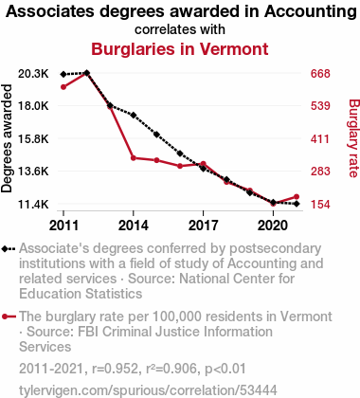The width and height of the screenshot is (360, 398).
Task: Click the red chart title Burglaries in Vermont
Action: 180,49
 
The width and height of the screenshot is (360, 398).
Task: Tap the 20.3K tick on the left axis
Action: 33,74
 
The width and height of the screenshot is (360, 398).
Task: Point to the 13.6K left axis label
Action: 33,172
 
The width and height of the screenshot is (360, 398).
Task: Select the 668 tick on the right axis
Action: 320,74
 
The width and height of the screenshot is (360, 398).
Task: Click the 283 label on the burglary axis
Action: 320,172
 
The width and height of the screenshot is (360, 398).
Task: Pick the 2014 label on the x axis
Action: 134,226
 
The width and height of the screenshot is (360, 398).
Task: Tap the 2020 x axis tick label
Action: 273,226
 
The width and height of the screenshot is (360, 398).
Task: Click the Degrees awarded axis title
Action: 7,138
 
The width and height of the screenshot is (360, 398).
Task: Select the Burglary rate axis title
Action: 353,138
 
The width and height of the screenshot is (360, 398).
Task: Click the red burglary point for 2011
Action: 63,87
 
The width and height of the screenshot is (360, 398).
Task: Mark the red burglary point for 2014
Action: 134,158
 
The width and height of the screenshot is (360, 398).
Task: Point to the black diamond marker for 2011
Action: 63,74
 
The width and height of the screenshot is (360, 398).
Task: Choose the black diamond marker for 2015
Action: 156,135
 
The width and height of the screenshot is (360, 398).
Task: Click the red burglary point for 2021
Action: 297,197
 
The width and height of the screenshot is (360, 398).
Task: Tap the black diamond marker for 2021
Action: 297,204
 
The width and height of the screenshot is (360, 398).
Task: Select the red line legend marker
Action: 9,317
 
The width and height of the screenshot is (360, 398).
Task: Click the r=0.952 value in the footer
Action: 115,369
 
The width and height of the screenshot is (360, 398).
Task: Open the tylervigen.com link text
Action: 148,390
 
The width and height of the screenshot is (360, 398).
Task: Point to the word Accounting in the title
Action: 311,12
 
